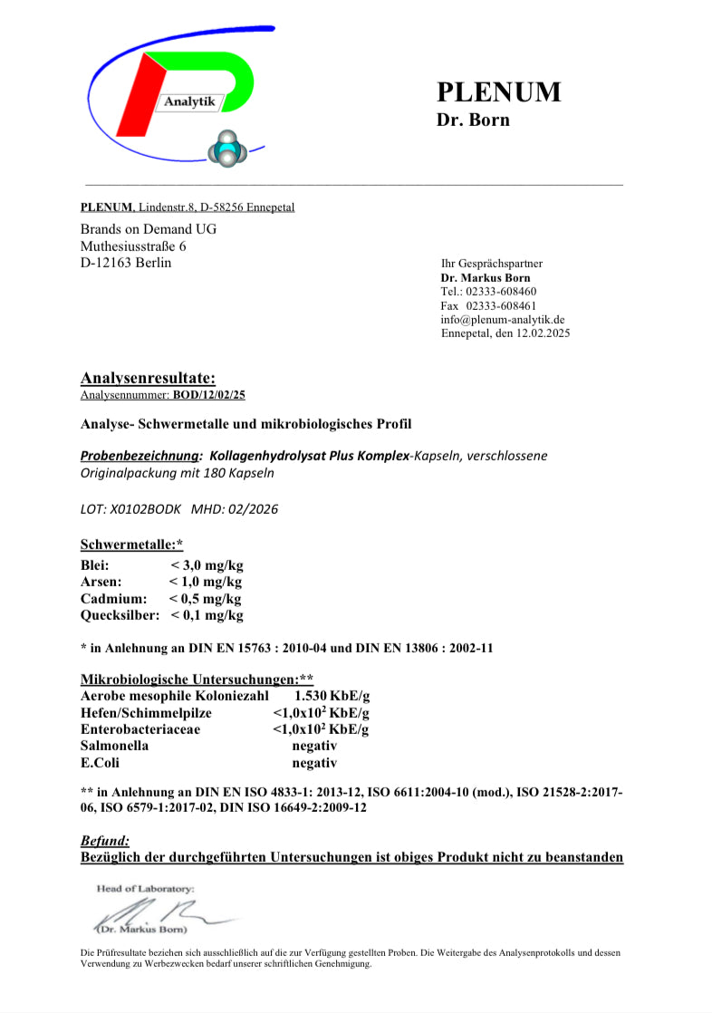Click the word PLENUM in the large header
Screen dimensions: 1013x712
click(498, 92)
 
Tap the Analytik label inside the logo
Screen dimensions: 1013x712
click(189, 102)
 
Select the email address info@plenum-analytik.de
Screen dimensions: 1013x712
click(503, 319)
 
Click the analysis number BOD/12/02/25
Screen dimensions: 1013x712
click(209, 395)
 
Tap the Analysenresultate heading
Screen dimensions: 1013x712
click(148, 379)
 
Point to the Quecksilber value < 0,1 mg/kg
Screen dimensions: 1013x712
click(207, 615)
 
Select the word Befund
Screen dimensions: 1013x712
click(105, 841)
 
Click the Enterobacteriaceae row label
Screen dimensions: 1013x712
click(140, 728)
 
